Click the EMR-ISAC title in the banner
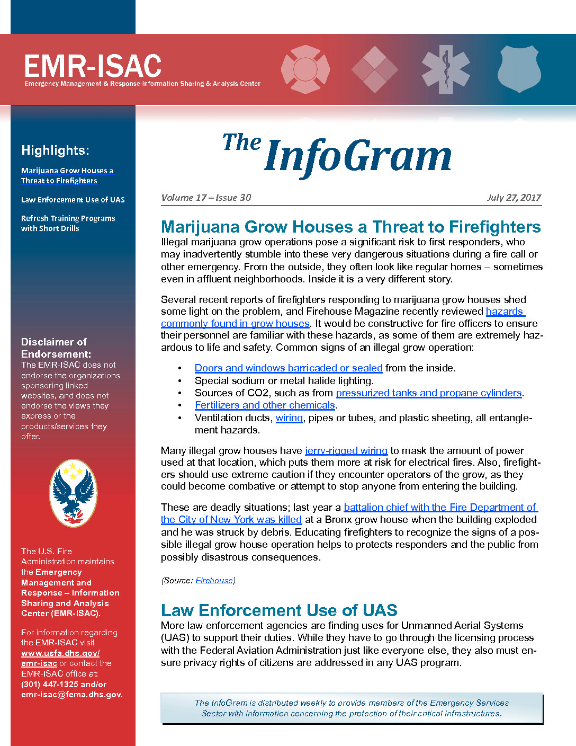(93, 66)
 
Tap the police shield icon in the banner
(520, 68)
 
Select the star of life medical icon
(446, 69)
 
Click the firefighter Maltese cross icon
(305, 69)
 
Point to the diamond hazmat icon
(375, 69)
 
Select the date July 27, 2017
(514, 198)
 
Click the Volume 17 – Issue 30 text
(206, 198)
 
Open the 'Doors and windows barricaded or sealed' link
(289, 368)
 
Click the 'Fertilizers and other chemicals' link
(265, 405)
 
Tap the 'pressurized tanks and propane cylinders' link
(429, 393)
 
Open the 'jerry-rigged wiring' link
(346, 450)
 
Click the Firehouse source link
(215, 580)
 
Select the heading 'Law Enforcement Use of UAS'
(279, 610)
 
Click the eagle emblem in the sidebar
(73, 493)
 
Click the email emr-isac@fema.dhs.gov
(71, 694)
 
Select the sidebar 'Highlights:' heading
(55, 150)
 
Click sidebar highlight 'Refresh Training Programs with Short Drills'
(68, 223)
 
